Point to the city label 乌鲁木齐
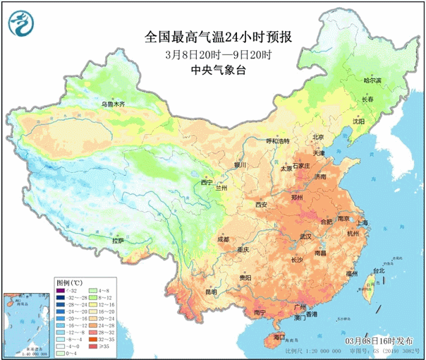[x=112, y=104]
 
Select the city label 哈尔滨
[x=372, y=81]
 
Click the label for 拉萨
[x=117, y=241]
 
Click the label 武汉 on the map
[x=305, y=236]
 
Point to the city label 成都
[x=223, y=239]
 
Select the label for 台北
[x=378, y=271]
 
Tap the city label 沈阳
[x=359, y=121]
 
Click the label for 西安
[x=262, y=205]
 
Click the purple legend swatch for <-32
[x=61, y=291]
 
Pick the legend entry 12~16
[x=94, y=306]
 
